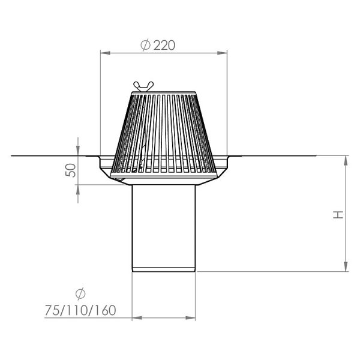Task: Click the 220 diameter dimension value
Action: [164, 45]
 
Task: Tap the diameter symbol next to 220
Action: [146, 45]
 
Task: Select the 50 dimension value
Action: [71, 170]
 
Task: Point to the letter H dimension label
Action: [338, 215]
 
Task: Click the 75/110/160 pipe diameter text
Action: [80, 310]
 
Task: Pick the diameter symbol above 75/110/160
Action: [80, 293]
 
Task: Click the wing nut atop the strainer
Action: [143, 86]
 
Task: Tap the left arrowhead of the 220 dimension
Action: [106, 53]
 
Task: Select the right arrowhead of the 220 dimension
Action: [222, 53]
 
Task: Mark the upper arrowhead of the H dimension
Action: [346, 161]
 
